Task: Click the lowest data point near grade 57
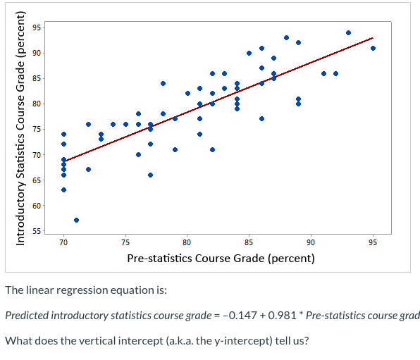click(76, 221)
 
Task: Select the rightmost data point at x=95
click(373, 48)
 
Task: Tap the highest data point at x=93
click(348, 32)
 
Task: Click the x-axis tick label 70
click(63, 243)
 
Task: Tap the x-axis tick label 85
click(249, 243)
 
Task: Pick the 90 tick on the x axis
click(311, 243)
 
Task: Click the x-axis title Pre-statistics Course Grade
click(221, 258)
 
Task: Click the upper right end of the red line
click(373, 38)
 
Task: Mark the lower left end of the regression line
click(63, 161)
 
